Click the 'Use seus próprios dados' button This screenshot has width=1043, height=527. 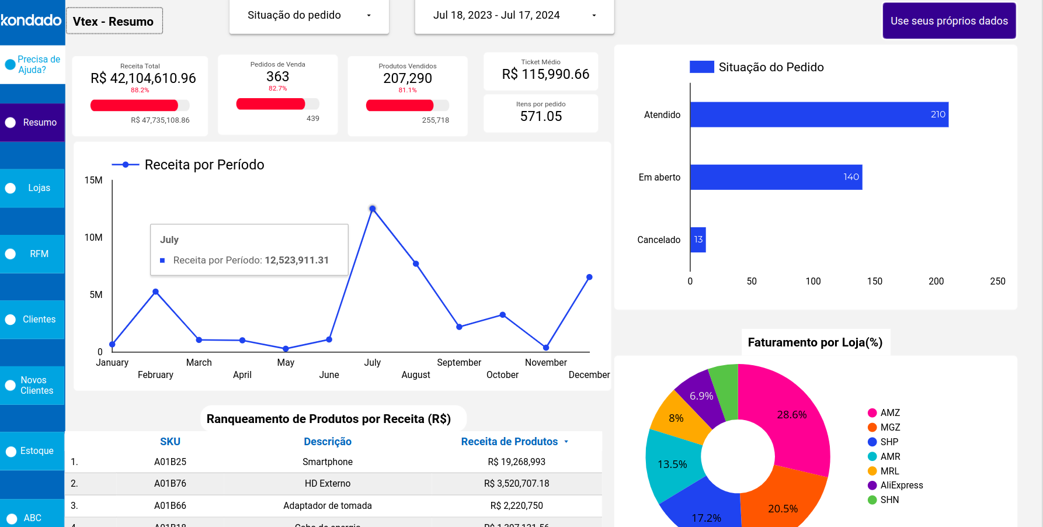(x=949, y=21)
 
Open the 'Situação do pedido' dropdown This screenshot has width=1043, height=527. (x=309, y=16)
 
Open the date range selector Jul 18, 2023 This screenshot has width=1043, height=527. (x=514, y=16)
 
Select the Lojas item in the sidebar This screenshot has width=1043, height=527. (x=33, y=188)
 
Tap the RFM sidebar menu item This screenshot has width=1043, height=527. (x=33, y=254)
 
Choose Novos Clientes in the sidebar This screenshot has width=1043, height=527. (x=33, y=386)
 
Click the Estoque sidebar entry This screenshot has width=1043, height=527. (x=33, y=451)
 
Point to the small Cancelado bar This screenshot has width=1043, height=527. (x=698, y=240)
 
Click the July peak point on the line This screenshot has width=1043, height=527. (x=373, y=209)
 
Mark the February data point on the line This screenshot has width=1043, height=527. (x=155, y=292)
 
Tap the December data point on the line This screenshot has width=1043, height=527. (x=589, y=277)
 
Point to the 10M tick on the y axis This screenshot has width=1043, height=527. (x=93, y=237)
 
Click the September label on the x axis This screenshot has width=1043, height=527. (x=459, y=362)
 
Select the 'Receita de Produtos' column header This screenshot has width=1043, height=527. (x=509, y=442)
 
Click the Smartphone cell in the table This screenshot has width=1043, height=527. (x=328, y=462)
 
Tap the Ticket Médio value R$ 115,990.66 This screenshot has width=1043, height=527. (x=545, y=74)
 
